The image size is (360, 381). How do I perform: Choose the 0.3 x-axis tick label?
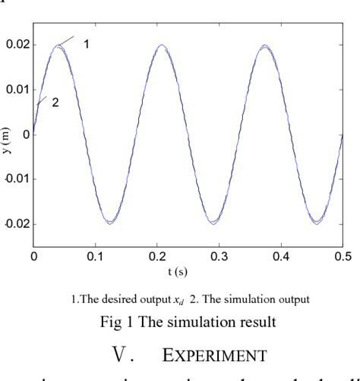coord(221,258)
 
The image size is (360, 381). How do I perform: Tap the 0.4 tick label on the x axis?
coord(283,258)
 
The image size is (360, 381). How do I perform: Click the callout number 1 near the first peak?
coord(87,45)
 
